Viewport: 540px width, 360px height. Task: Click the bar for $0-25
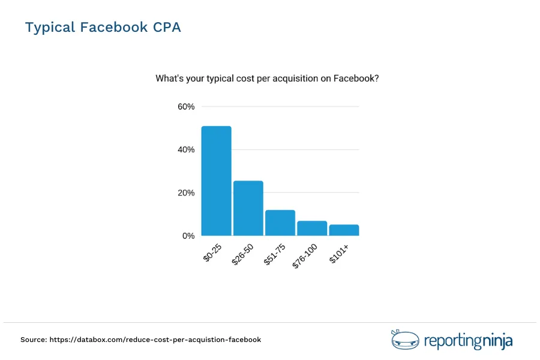(x=217, y=181)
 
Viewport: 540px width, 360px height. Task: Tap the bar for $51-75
(x=280, y=223)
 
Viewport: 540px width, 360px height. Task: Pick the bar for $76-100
(x=312, y=228)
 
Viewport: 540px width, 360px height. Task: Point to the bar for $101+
(x=344, y=230)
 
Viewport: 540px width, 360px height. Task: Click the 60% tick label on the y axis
(x=186, y=107)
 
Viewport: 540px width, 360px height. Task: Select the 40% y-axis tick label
(x=186, y=150)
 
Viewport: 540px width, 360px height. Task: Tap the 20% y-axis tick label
(x=186, y=193)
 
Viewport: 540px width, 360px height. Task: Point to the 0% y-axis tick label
(x=188, y=236)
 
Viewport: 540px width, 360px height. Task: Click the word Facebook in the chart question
(x=354, y=78)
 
